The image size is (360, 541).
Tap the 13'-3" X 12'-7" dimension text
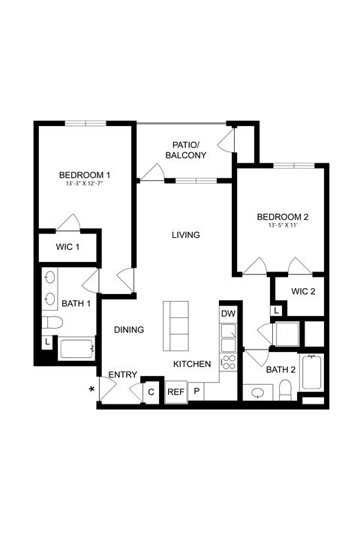click(85, 184)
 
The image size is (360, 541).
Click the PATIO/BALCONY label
click(184, 149)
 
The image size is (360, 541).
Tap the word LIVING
click(185, 235)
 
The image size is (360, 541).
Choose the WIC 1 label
click(67, 247)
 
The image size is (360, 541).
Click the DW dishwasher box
click(228, 314)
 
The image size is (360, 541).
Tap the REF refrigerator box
click(175, 392)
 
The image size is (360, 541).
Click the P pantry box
click(197, 392)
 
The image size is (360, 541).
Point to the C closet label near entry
click(151, 392)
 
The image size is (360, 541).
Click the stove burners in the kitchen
click(228, 362)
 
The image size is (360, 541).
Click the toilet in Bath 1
click(52, 323)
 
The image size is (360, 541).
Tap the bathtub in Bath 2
click(312, 373)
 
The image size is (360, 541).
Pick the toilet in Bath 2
click(285, 389)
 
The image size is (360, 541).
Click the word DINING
click(128, 329)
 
